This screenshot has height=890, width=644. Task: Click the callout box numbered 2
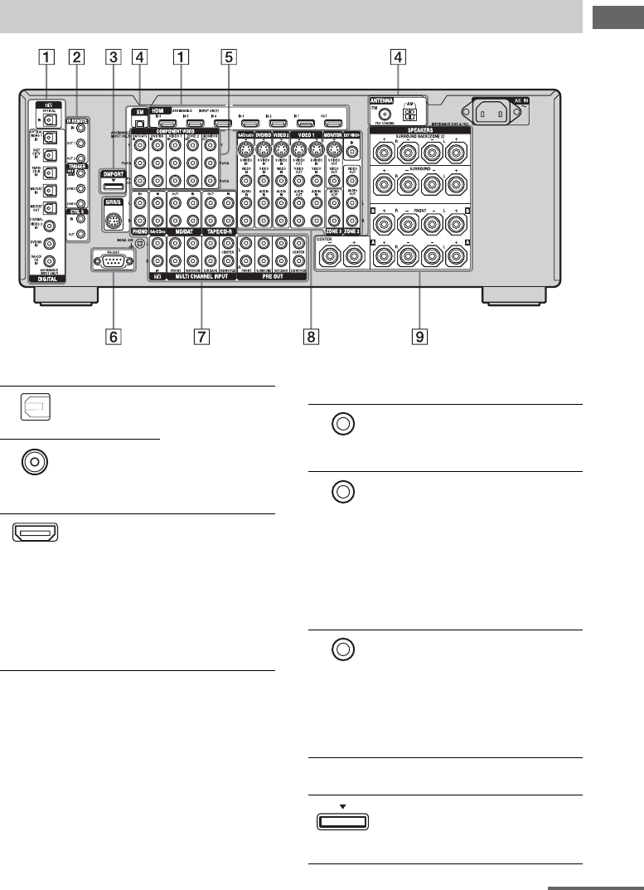tap(76, 58)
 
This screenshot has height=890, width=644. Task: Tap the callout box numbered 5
tap(229, 58)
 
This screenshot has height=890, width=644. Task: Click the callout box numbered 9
tap(419, 337)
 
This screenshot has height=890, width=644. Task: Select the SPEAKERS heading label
tap(419, 132)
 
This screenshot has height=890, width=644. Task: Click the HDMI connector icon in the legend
tap(35, 531)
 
